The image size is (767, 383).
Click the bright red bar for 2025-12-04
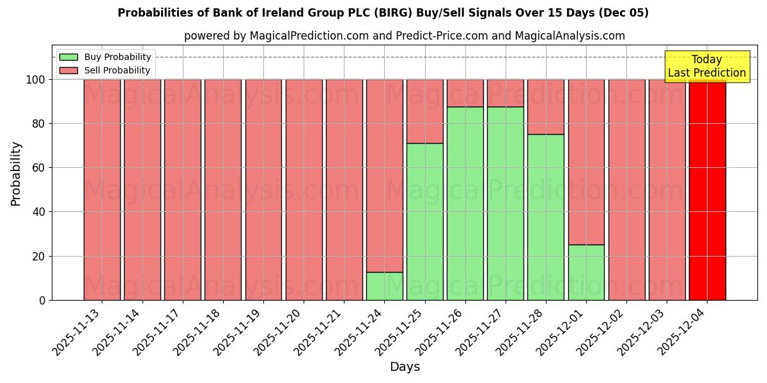click(x=707, y=190)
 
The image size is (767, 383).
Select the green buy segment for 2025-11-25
click(x=424, y=222)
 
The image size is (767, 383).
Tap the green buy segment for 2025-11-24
click(x=384, y=286)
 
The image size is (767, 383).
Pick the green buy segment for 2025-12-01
click(x=586, y=272)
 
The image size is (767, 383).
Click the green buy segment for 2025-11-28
click(x=546, y=217)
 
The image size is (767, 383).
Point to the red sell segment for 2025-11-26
click(x=465, y=93)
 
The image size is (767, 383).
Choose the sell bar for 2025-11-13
click(x=102, y=190)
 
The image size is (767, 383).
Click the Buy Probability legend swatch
click(x=68, y=57)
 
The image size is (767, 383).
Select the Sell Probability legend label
click(x=117, y=70)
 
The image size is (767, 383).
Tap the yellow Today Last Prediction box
click(x=706, y=66)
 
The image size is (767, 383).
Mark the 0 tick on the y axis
click(x=42, y=300)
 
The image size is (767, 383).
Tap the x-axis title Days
click(x=405, y=367)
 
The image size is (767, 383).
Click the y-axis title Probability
click(x=16, y=174)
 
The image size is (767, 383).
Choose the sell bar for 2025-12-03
click(x=667, y=190)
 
